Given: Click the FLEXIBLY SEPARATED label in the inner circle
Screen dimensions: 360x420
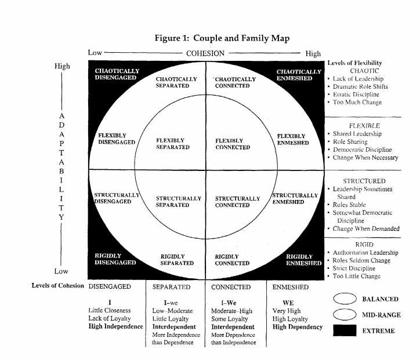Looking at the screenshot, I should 173,144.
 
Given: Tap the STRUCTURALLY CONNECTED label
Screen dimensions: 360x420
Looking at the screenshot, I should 238,202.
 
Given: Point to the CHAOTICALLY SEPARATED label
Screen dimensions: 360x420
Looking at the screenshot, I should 176,82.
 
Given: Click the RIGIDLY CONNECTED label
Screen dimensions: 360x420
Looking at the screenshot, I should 232,259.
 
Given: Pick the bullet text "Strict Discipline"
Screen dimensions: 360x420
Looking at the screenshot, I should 356,268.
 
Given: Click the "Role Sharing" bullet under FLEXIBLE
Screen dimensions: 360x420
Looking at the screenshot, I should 352,141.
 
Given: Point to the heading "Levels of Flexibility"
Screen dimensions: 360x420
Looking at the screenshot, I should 354,63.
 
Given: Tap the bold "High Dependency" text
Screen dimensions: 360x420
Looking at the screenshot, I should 298,327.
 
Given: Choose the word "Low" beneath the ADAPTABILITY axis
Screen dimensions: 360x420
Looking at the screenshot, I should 61,271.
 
